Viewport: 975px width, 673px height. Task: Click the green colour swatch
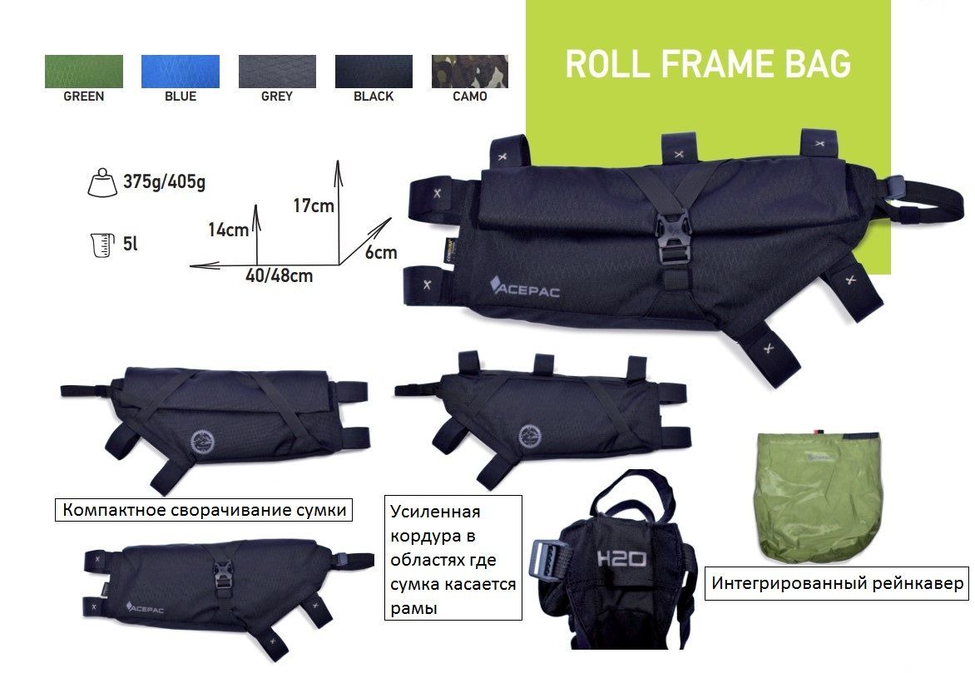[83, 72]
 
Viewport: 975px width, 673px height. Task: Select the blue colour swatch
[181, 72]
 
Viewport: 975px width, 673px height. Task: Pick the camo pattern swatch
[470, 72]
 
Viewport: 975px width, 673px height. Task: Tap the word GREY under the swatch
[277, 96]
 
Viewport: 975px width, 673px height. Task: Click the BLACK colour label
[374, 96]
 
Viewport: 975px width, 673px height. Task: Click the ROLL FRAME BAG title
[708, 65]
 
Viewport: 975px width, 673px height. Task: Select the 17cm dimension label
[313, 205]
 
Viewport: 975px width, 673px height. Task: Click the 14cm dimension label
[228, 230]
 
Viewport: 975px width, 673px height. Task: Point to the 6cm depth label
[380, 252]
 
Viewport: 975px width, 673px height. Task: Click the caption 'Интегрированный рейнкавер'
[838, 583]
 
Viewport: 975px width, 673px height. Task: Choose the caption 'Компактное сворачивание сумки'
[204, 509]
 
